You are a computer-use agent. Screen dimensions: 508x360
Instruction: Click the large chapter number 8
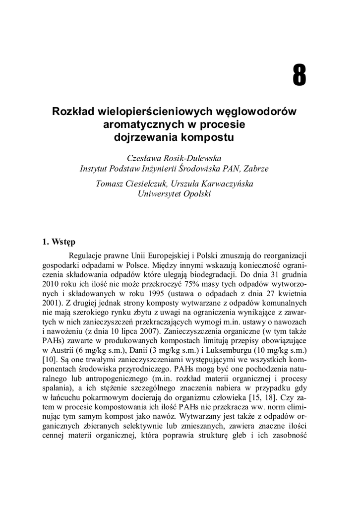(299, 76)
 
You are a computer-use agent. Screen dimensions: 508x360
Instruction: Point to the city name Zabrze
(255, 169)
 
